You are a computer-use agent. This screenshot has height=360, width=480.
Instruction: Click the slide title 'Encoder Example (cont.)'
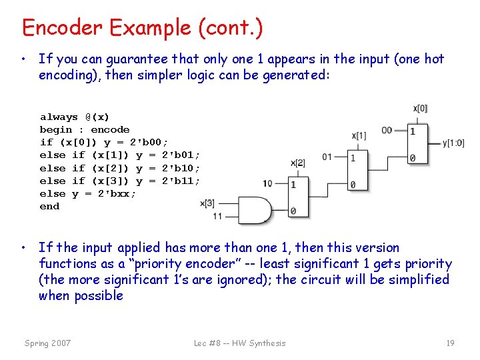coord(142,28)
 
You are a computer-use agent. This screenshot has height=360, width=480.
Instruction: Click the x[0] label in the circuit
coord(420,108)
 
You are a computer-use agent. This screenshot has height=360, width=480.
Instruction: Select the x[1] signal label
coord(359,136)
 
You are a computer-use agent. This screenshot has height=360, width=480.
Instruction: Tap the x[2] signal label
coord(298,163)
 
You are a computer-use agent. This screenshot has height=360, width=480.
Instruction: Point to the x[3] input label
coord(207,203)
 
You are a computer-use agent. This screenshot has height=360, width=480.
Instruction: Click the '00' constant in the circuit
coord(387,130)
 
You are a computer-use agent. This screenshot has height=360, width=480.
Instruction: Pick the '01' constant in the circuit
coord(327,157)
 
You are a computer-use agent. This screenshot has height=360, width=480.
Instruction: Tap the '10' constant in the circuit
coord(267,183)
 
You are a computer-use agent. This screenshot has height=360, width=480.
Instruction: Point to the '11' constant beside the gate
coord(218,216)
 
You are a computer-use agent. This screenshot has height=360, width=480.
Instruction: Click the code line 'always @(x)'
coord(75,117)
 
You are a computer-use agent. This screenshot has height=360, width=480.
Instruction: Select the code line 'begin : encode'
coord(85,130)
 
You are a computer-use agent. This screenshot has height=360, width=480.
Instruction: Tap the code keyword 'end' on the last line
coord(49,207)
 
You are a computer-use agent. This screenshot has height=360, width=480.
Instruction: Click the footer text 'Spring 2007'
coord(47,343)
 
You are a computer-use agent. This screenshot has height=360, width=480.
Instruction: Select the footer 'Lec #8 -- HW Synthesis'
coord(239,343)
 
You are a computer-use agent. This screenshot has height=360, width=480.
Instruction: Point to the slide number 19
coord(450,343)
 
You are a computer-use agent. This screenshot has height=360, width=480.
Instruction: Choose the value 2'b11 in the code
coord(181,181)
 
